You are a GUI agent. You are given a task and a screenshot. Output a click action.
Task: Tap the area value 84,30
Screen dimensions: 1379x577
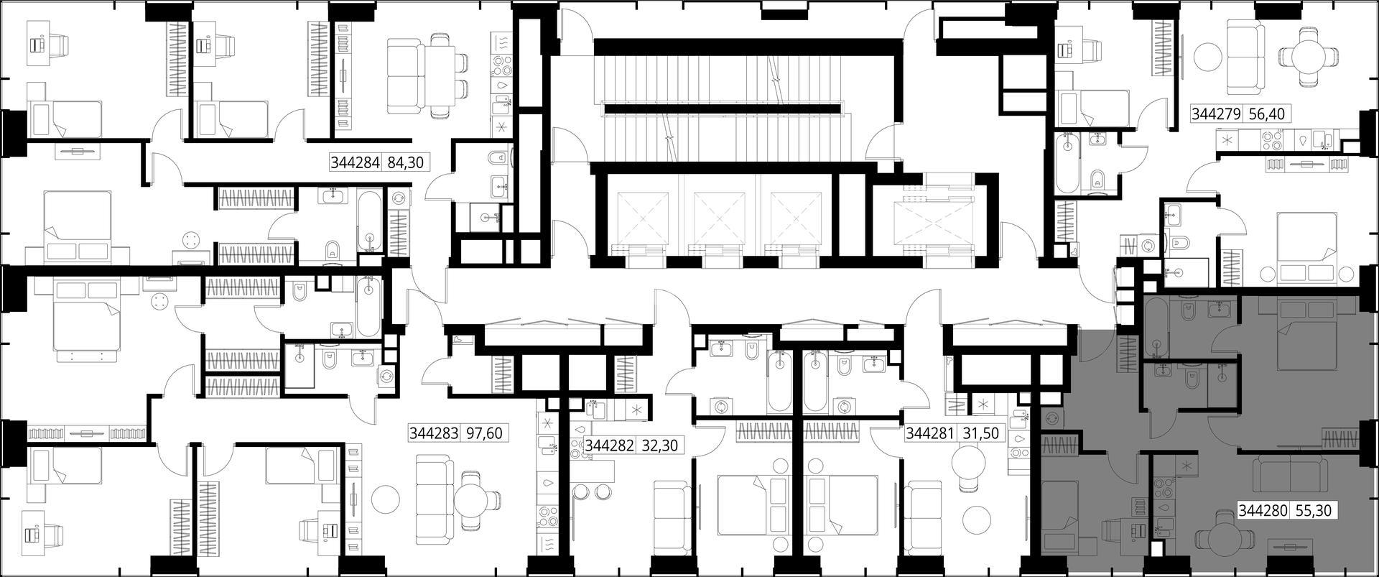(406, 163)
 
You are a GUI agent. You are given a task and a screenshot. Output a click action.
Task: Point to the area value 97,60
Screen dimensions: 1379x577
(484, 434)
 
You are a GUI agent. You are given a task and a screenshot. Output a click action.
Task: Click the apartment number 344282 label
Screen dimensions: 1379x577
(610, 446)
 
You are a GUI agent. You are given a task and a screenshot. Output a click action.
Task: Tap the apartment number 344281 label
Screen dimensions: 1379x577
(931, 434)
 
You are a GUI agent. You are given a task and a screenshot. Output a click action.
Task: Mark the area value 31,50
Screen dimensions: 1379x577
(980, 434)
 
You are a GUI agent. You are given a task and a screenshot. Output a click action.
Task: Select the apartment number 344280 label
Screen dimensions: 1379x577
(1263, 511)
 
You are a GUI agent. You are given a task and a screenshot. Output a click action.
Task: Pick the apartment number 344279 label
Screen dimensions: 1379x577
(1217, 114)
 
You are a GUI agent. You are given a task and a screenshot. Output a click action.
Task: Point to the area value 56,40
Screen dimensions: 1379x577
(1267, 114)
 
